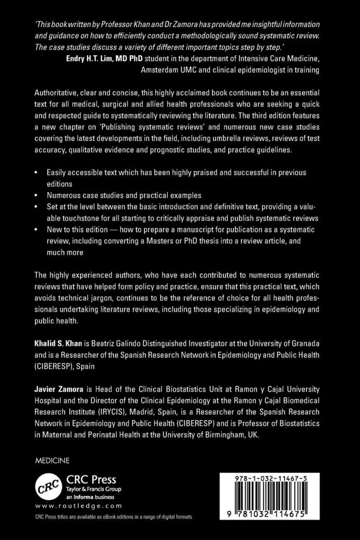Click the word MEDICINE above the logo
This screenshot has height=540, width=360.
coord(52,461)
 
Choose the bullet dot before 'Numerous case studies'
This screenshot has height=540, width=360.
coord(35,195)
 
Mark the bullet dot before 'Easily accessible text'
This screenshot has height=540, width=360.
coord(35,173)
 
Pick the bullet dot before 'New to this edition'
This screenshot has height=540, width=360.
coord(35,230)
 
